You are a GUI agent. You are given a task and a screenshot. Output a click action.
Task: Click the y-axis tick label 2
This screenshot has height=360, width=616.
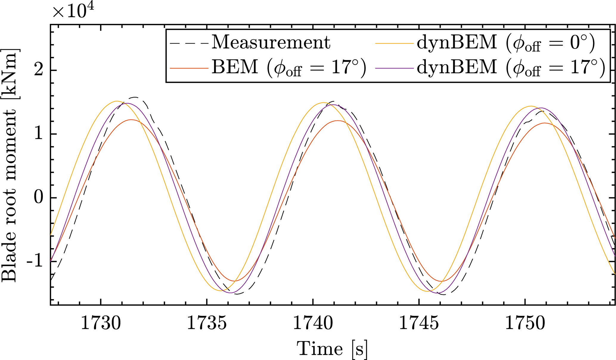click(38, 71)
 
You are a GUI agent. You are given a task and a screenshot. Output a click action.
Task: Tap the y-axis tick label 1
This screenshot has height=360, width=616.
click(38, 134)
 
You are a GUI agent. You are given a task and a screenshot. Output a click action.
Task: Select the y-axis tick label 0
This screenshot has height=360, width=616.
click(38, 198)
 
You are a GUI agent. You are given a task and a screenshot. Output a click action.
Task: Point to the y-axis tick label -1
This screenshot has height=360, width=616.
click(35, 261)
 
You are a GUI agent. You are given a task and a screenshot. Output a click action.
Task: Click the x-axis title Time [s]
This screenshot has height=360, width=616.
click(332, 349)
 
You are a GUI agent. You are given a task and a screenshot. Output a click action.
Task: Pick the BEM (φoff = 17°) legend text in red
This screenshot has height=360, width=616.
click(288, 68)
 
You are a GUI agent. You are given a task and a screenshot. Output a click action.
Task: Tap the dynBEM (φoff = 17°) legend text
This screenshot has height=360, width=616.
click(511, 68)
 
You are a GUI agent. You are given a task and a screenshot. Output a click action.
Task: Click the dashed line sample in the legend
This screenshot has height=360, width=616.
click(189, 44)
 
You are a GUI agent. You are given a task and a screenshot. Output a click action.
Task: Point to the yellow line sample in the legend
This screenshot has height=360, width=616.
click(394, 44)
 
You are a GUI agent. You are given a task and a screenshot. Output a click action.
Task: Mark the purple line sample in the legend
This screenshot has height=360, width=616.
click(394, 69)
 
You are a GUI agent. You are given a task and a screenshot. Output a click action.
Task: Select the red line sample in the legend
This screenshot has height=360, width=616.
click(189, 69)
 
